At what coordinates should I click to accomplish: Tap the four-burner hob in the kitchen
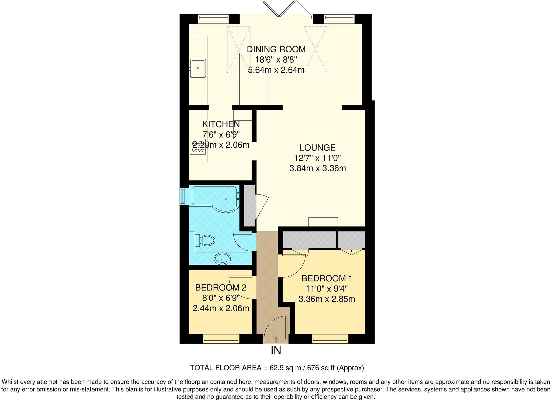point(198,147)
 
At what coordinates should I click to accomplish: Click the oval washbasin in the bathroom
point(222,259)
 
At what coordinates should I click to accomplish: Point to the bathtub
point(214,198)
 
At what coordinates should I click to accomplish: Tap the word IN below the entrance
point(276,350)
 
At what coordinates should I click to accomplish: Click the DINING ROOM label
point(276,49)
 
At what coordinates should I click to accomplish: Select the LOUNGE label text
point(317,148)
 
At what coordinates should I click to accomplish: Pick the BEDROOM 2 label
point(221,287)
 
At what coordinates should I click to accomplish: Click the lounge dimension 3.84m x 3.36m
point(317,169)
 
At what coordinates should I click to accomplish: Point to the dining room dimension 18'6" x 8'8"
point(276,59)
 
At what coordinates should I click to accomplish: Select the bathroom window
point(184,196)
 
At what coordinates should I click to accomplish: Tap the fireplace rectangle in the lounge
point(323,222)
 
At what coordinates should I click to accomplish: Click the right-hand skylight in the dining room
point(315,49)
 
